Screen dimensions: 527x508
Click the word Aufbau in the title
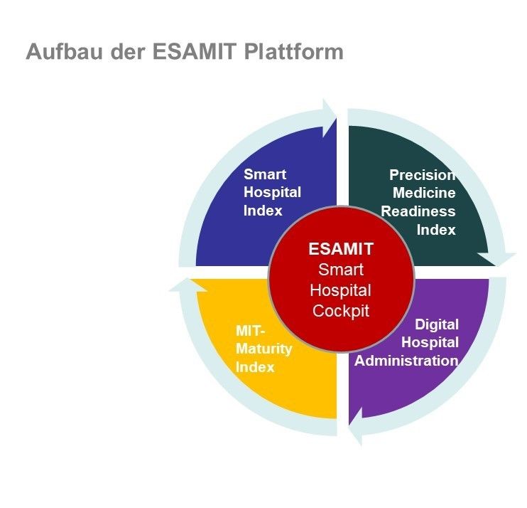[64, 51]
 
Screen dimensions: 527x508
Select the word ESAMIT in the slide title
[195, 51]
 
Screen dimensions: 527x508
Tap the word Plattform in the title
[294, 51]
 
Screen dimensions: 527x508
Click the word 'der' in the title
[128, 51]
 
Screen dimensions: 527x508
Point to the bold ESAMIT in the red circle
[341, 249]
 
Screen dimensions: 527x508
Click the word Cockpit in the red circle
[341, 311]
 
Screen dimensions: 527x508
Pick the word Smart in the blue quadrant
[265, 174]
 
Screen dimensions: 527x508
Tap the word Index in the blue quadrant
[263, 211]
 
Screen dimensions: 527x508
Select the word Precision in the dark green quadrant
[423, 175]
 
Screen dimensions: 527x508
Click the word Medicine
[424, 193]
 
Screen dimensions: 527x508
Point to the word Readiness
[418, 211]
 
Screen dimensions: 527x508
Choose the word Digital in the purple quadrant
[437, 324]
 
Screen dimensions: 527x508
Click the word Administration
[406, 361]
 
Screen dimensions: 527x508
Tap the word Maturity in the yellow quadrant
[263, 349]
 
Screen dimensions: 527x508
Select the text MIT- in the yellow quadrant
[251, 331]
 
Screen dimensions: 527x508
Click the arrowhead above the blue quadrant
[328, 119]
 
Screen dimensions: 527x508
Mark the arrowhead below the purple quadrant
[357, 426]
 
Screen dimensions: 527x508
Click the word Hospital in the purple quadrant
[430, 343]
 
